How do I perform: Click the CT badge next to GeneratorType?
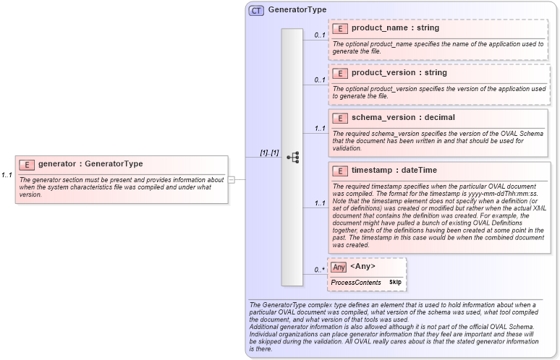(256, 11)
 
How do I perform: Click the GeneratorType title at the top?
(297, 10)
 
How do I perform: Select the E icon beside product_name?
(340, 29)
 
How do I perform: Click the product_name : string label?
(395, 28)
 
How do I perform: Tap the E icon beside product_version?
(340, 73)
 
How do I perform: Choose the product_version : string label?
(399, 73)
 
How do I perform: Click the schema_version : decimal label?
(403, 118)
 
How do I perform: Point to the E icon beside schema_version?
(340, 118)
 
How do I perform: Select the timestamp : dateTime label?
(394, 171)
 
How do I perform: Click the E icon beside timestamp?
(340, 171)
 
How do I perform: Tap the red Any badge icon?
(339, 267)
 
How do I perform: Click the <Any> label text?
(363, 267)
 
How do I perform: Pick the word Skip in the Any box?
(395, 282)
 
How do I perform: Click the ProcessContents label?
(356, 282)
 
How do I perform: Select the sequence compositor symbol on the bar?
(292, 158)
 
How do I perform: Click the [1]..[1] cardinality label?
(269, 153)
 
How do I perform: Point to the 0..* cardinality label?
(318, 270)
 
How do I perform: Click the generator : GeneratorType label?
(90, 164)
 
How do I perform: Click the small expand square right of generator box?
(232, 179)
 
